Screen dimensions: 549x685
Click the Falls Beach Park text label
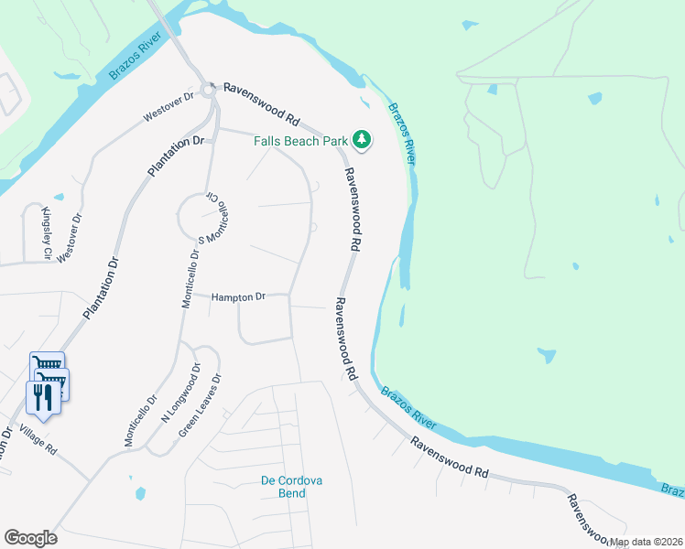300,141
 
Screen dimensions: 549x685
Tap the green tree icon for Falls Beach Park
363,140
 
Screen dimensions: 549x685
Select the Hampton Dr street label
238,297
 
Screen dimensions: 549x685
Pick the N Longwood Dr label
180,393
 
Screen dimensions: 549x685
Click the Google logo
30,538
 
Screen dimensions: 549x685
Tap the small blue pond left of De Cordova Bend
140,493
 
